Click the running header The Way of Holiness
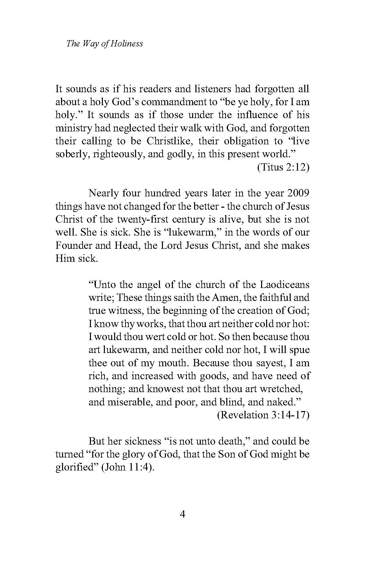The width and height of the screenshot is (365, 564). pos(105,43)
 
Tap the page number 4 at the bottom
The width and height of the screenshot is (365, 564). pos(182,514)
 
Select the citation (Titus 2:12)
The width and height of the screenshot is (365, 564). pos(283,167)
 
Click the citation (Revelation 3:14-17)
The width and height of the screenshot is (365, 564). pos(263,415)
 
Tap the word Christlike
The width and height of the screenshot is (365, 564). pos(168,141)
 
